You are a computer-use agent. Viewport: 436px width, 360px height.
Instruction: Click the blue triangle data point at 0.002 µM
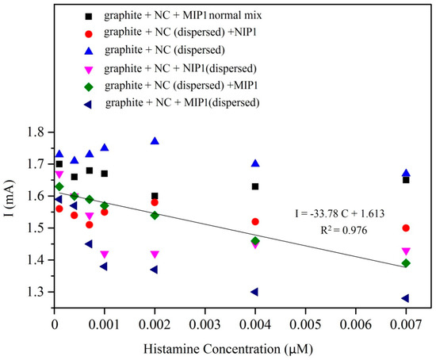click(155, 141)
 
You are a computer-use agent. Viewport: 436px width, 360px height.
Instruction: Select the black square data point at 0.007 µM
click(406, 180)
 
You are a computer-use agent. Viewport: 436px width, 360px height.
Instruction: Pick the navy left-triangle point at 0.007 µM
click(405, 298)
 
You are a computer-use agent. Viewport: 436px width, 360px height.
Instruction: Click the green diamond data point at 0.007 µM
click(406, 262)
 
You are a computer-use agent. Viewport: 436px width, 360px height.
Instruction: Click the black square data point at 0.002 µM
click(155, 196)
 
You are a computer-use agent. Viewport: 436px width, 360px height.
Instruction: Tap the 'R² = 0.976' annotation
click(349, 231)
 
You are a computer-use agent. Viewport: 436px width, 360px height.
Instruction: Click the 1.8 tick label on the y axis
click(33, 132)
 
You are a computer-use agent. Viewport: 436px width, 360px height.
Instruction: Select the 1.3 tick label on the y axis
click(33, 292)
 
